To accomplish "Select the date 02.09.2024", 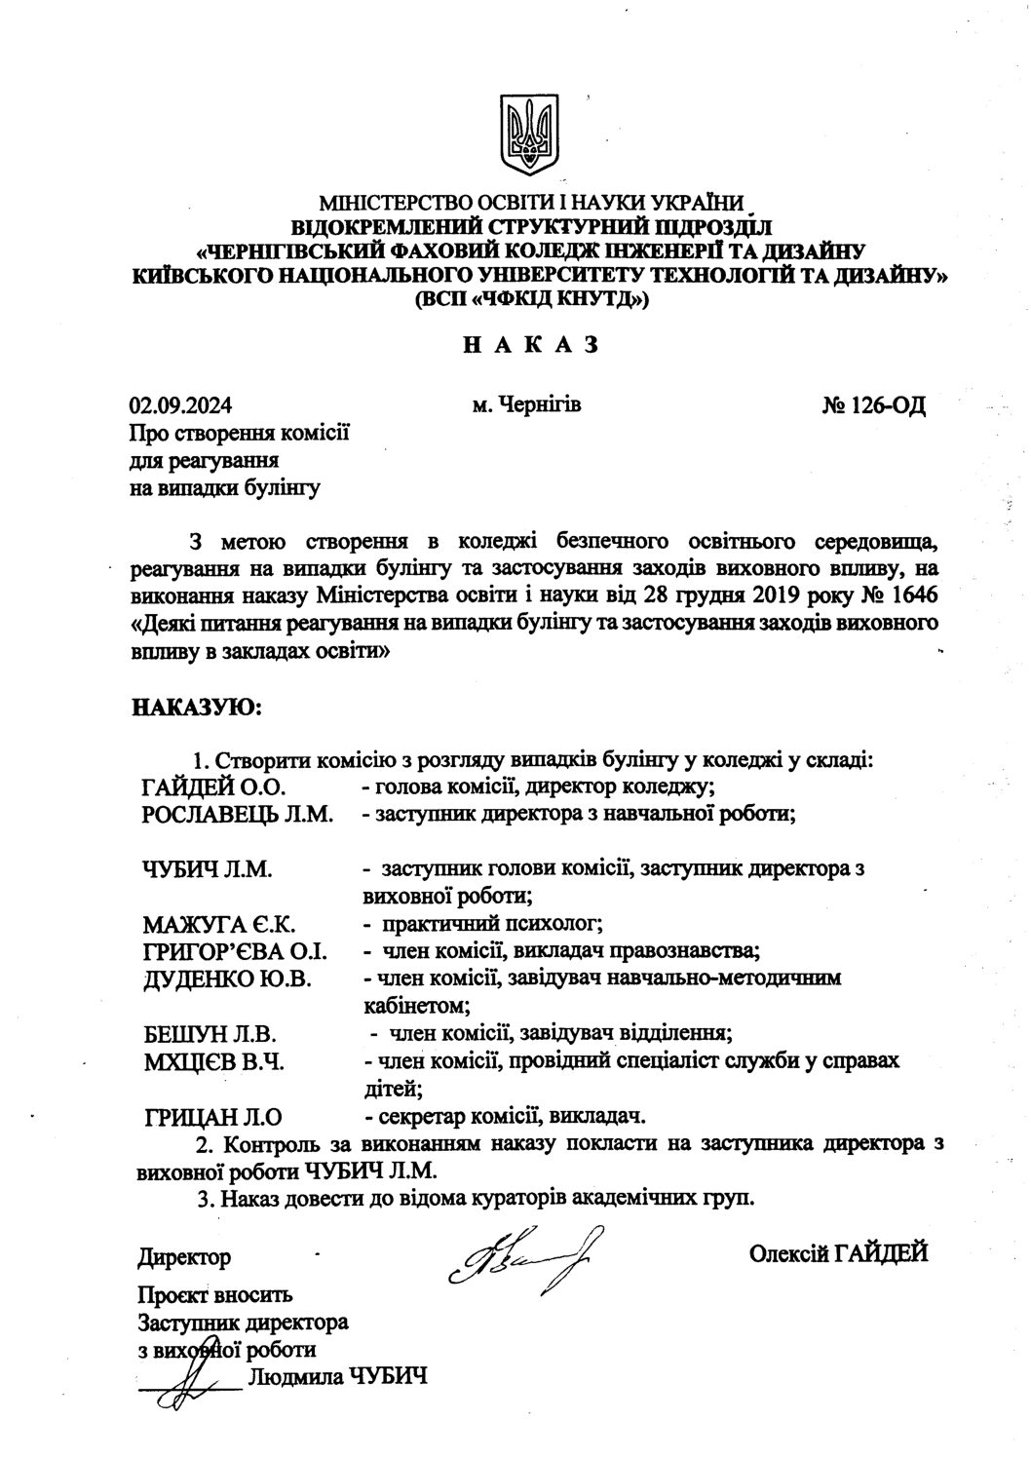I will pos(181,405).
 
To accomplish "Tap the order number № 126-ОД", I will pos(873,404).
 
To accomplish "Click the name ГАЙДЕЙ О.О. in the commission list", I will pos(210,786).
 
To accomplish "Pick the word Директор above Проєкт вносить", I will pos(184,1257).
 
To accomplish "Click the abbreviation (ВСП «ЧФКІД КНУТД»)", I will pos(529,301).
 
